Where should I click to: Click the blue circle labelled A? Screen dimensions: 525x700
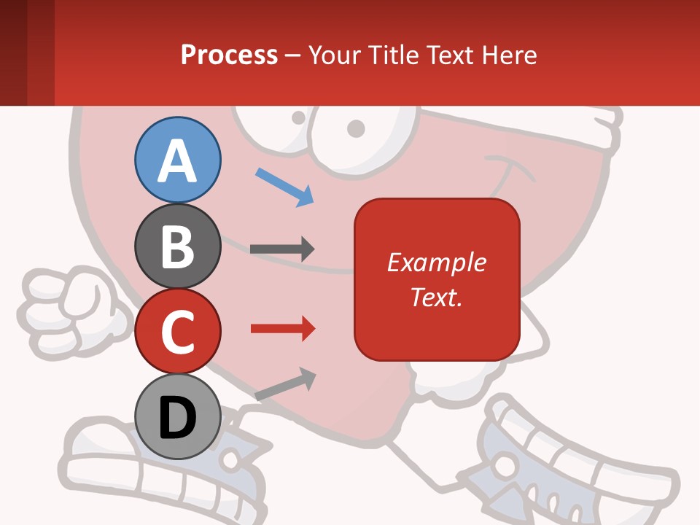tap(177, 160)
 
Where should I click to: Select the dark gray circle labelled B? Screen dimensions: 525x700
tap(177, 246)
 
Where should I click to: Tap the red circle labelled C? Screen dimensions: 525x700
tap(177, 332)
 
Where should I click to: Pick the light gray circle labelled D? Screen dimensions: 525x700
tap(177, 417)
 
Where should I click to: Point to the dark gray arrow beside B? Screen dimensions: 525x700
tap(282, 249)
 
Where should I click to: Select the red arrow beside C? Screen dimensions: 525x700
tap(282, 329)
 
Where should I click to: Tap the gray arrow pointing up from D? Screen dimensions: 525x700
tap(285, 384)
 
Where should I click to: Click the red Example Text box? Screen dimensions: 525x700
tap(437, 279)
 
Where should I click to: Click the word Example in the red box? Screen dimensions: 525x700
tap(437, 262)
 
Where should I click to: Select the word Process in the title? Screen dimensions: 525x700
tap(229, 55)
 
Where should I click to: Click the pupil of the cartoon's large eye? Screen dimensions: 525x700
tap(356, 128)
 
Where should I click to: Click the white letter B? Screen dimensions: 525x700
tap(177, 246)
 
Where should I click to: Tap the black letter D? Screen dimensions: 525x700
tap(177, 418)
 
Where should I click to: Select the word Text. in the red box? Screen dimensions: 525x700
tap(436, 297)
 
